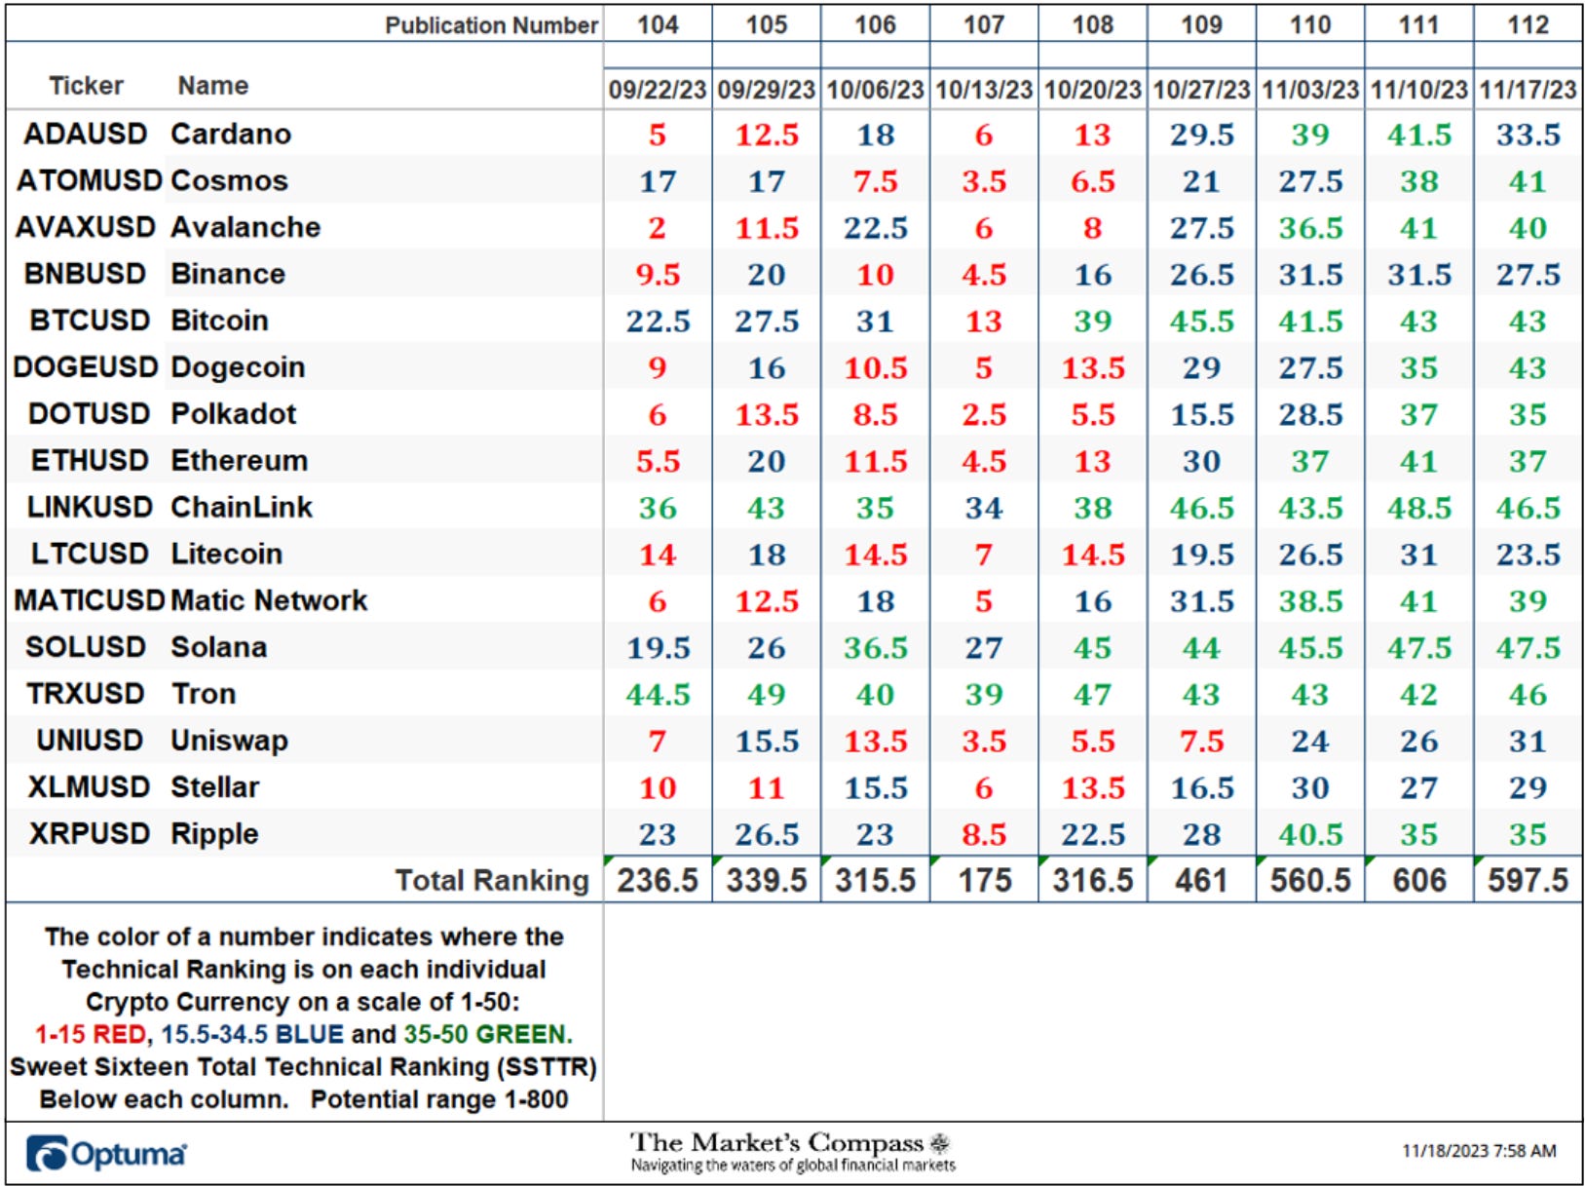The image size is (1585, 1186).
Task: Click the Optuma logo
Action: point(105,1154)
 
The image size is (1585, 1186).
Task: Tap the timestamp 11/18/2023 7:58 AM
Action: point(1479,1151)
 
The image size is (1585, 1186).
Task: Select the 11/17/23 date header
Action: point(1528,90)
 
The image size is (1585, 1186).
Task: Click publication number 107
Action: point(984,24)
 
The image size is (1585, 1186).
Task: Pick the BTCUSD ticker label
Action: point(90,321)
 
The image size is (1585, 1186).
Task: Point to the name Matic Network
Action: point(269,600)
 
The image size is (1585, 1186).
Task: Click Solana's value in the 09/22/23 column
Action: point(658,648)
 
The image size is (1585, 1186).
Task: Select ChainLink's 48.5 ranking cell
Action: point(1419,508)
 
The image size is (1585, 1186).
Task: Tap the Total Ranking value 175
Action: point(984,880)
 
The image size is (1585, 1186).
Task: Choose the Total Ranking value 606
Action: point(1419,880)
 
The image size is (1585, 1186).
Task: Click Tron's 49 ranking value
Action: point(766,694)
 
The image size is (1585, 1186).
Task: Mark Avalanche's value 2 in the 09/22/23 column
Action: point(658,227)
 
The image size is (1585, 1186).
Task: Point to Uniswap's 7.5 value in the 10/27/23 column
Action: point(1201,741)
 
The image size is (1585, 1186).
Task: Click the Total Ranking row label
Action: point(493,880)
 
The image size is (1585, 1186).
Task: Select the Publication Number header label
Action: point(491,25)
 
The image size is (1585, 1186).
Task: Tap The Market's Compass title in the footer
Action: point(776,1143)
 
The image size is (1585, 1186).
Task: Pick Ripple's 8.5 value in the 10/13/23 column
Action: point(984,834)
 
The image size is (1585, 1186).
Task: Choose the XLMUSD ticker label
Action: point(89,787)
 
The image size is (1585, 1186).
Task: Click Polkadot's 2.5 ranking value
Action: point(984,414)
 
